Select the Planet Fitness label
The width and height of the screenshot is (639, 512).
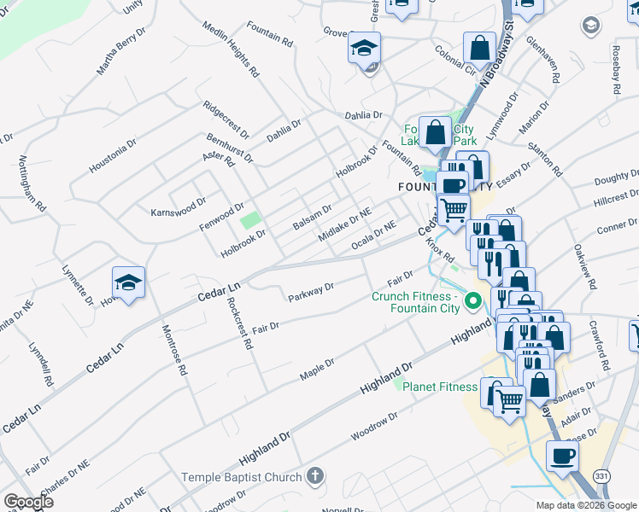tap(440, 387)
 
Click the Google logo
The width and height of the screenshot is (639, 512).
tap(27, 502)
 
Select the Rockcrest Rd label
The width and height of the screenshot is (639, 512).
tap(240, 325)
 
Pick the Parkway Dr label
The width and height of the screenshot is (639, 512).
tap(310, 293)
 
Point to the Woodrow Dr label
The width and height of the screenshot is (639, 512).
tap(375, 428)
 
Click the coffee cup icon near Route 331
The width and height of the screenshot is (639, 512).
tap(562, 457)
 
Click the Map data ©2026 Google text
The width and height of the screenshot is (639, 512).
tap(585, 505)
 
